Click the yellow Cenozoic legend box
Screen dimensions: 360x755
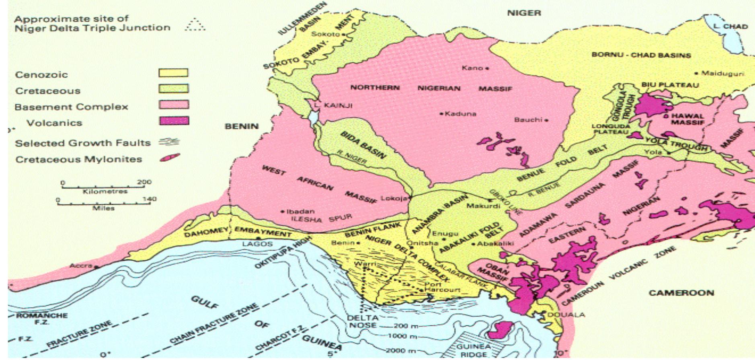[x=173, y=73]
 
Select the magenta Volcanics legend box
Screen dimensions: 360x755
[x=174, y=121]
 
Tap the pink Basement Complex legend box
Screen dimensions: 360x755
[x=174, y=105]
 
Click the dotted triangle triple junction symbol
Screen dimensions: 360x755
[x=195, y=25]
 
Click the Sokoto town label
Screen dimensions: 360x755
[x=325, y=34]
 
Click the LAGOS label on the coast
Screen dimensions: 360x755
[x=257, y=244]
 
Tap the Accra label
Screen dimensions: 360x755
[x=81, y=266]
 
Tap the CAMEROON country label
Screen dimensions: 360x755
[x=681, y=293]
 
